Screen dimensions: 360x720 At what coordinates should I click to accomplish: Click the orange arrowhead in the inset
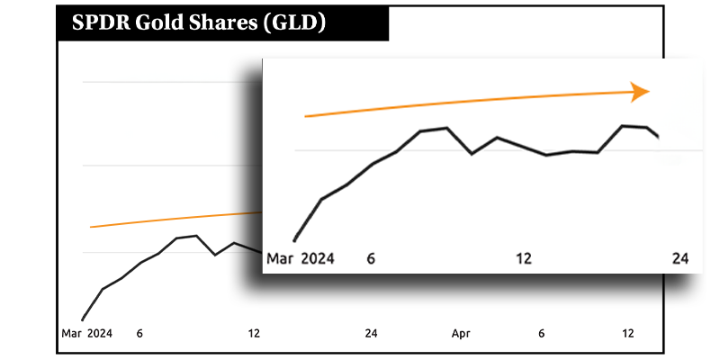640,91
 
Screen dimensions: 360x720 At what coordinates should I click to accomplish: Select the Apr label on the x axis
461,334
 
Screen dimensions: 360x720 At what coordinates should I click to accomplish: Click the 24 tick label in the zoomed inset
681,259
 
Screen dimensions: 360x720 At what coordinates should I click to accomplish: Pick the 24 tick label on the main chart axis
371,334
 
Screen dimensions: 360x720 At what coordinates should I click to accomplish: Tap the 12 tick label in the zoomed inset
523,259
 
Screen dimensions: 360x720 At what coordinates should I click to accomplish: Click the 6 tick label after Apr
542,334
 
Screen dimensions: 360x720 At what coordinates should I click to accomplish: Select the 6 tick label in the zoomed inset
371,259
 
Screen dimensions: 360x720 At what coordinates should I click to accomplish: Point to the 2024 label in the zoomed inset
318,259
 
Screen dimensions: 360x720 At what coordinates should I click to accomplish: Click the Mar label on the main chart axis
72,334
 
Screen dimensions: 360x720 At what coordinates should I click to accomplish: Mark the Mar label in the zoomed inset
281,259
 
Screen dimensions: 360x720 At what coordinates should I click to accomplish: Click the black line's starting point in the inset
294,241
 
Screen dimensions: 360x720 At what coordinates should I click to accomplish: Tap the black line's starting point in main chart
82,319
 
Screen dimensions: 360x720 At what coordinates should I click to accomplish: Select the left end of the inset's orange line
306,116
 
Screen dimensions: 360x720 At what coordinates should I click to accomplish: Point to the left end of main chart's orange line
90,227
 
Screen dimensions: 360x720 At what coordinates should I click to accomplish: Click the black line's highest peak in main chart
196,236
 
